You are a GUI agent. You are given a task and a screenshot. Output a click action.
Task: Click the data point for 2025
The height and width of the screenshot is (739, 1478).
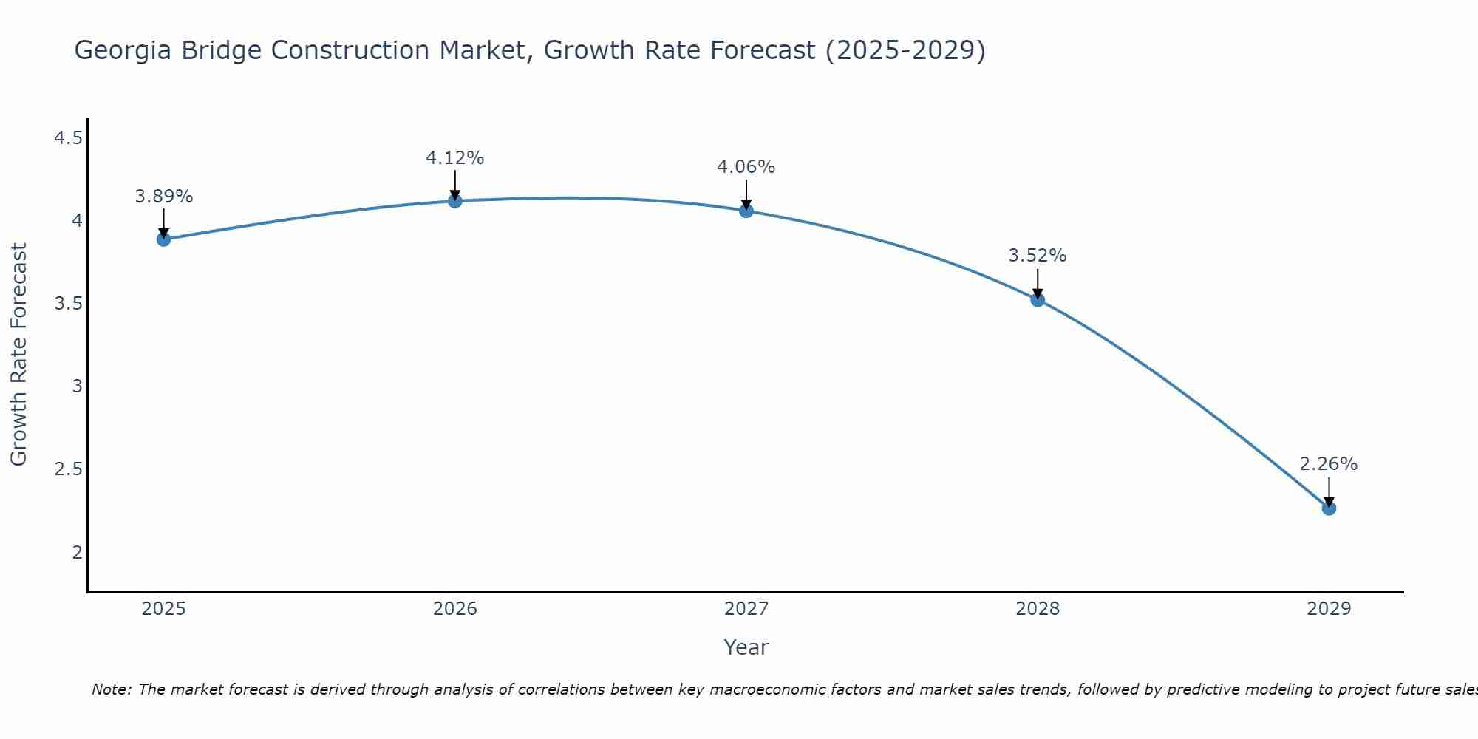point(164,239)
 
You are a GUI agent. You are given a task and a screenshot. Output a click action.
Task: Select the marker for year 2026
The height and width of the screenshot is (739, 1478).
point(455,201)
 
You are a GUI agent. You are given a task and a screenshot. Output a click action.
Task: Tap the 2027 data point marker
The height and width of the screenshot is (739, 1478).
point(746,211)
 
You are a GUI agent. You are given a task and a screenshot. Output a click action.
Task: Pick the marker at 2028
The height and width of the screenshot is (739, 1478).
point(1038,299)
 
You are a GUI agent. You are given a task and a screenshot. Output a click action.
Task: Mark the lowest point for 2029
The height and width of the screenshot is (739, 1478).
point(1329,508)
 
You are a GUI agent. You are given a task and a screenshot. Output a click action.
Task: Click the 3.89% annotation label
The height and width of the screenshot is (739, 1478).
point(164,197)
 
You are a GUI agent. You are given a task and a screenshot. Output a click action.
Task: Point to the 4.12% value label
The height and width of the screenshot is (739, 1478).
point(455,158)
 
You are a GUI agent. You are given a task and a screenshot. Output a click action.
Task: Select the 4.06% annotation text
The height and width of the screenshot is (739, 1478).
point(746,167)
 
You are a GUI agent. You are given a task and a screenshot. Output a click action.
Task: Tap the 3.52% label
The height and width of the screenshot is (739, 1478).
point(1038,256)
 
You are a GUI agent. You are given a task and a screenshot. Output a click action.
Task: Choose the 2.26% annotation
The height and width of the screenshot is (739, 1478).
point(1329,464)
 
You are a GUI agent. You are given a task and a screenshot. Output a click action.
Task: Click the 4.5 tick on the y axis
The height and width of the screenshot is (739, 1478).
point(68,138)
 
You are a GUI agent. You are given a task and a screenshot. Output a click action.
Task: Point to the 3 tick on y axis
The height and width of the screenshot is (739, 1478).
point(77,386)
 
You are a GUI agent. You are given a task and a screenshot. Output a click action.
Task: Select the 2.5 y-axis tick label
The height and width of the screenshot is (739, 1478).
point(68,469)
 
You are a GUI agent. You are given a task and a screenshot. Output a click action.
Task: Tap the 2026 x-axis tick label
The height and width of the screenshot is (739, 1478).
point(455,609)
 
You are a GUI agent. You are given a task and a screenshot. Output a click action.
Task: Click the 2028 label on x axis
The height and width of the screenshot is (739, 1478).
point(1038,609)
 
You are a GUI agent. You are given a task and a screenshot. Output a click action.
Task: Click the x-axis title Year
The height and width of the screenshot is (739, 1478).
point(746,647)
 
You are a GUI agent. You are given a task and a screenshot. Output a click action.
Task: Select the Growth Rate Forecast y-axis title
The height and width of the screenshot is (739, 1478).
point(19,355)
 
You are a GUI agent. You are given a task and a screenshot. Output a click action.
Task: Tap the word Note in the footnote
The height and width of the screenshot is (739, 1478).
point(111,689)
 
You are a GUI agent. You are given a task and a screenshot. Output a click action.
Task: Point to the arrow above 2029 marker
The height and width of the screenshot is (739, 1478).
point(1329,491)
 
